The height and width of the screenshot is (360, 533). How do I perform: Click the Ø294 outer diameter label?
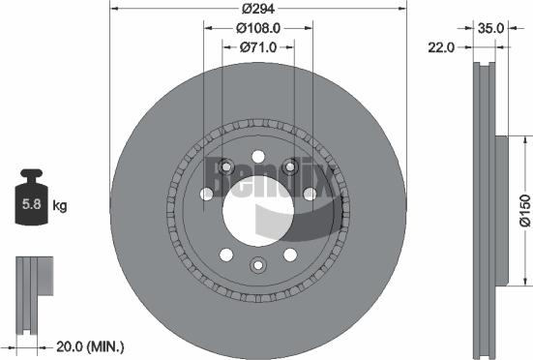(x=256, y=8)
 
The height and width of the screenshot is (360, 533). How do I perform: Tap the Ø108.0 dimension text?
(x=257, y=28)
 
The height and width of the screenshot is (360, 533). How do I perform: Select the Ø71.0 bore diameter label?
(x=257, y=46)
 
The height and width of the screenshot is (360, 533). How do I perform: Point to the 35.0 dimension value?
(x=491, y=28)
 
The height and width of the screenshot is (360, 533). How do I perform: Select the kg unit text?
(x=59, y=206)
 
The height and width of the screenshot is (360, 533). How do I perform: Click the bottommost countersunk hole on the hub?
(x=257, y=266)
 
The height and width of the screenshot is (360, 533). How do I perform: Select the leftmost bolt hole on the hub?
(x=206, y=195)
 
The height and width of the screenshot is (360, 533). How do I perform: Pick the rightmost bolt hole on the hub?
(x=310, y=195)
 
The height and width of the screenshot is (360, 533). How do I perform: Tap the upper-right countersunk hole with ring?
(x=290, y=165)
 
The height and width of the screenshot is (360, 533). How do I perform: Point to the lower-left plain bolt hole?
(x=225, y=255)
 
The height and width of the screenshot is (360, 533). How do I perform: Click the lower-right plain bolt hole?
(x=289, y=255)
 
